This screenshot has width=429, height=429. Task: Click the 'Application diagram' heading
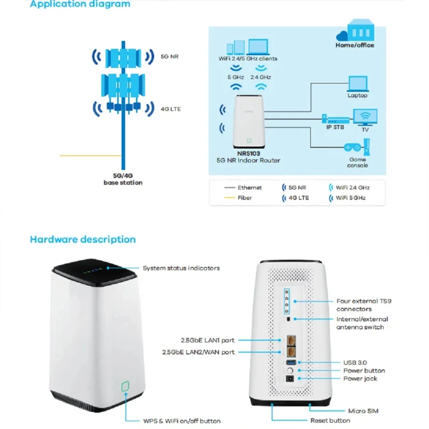pos(80,4)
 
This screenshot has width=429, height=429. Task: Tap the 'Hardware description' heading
pos(83,239)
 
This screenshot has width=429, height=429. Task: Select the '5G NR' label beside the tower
pos(169,57)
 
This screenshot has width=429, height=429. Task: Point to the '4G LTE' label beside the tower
pos(171,109)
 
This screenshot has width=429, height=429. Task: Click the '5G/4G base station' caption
pos(123,179)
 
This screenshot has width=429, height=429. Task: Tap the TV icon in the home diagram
pos(365,117)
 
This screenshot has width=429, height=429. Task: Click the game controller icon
pos(352,147)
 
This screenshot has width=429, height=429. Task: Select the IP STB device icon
pos(336,119)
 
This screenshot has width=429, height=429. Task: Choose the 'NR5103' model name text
pos(248,153)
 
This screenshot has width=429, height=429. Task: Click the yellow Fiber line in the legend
pos(230,197)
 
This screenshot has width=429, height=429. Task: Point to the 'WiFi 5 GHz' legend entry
pos(347,198)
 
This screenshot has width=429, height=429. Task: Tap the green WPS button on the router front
pos(125,386)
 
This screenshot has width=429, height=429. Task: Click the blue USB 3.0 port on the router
pos(291,363)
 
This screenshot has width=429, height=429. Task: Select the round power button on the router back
pos(290,371)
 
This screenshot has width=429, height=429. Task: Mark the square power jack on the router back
pos(290,379)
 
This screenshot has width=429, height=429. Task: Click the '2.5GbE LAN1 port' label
pos(208,340)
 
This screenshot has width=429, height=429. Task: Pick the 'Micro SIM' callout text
pos(364,411)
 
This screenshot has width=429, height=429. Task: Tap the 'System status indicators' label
pos(181,268)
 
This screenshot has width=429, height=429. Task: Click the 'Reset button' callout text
pos(330,420)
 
